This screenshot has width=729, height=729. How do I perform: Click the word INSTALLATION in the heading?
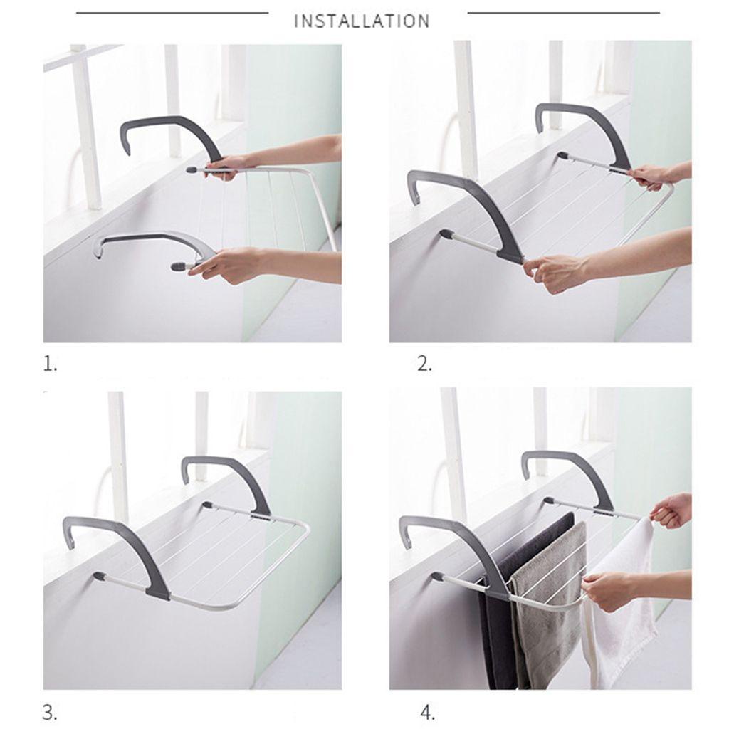tap(362, 21)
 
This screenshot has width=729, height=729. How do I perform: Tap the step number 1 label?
tap(51, 364)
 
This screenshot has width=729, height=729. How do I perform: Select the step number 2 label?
tap(424, 364)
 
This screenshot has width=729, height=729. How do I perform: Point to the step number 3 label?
tap(51, 712)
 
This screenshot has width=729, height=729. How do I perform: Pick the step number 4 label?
tap(428, 712)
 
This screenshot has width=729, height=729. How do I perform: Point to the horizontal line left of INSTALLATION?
tap(172, 13)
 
